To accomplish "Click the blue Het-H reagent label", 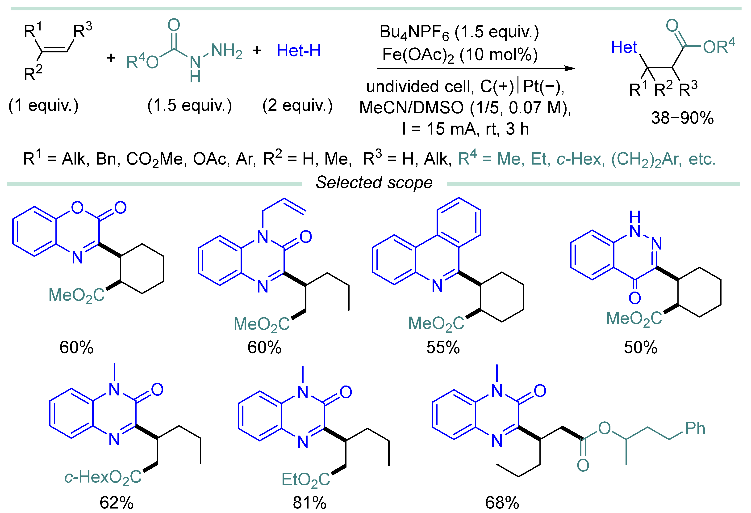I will click(299, 51).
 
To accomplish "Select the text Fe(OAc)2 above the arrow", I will click(418, 55).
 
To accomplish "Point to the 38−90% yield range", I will click(682, 118).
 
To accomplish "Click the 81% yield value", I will click(309, 503).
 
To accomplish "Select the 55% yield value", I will click(443, 348).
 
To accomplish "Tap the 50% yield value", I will click(640, 348).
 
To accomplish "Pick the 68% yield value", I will click(502, 503).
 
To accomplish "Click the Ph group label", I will click(695, 428).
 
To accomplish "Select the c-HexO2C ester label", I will click(103, 477).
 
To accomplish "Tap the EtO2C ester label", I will click(305, 479).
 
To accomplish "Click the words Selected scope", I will click(374, 182).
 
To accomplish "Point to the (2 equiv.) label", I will click(297, 106).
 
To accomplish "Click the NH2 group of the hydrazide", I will click(226, 51).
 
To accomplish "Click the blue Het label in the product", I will click(624, 47).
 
